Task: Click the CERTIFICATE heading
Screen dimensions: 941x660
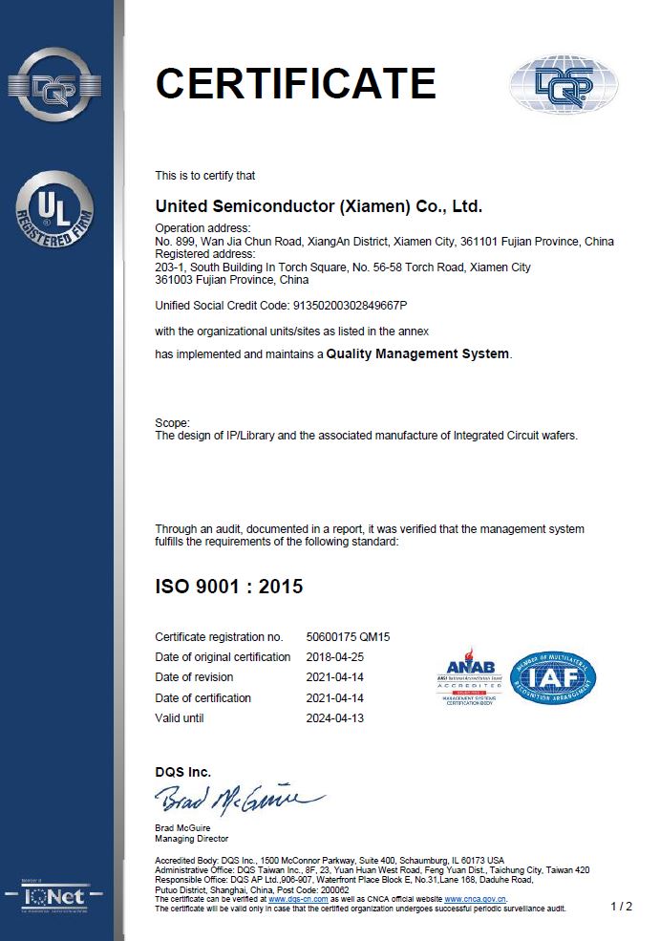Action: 295,83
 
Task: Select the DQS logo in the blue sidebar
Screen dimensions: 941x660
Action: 54,85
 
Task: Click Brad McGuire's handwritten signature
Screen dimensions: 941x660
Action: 238,797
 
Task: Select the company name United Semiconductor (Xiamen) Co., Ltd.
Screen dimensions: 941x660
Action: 319,205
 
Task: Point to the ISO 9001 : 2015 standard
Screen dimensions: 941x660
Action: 228,586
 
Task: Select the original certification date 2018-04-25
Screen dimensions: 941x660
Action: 335,657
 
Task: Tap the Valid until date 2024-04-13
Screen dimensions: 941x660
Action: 335,717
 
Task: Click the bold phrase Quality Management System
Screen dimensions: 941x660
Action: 417,354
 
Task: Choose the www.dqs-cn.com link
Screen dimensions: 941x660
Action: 298,899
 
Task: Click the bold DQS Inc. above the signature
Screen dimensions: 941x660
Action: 183,772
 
